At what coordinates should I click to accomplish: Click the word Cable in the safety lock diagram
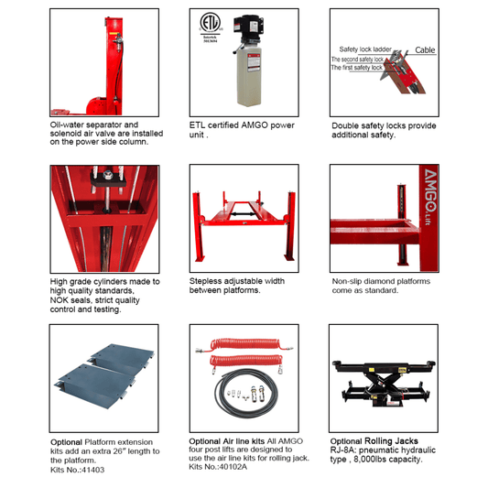425,50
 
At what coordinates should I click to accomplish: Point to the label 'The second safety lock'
363,60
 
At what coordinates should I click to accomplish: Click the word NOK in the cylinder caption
63,300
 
